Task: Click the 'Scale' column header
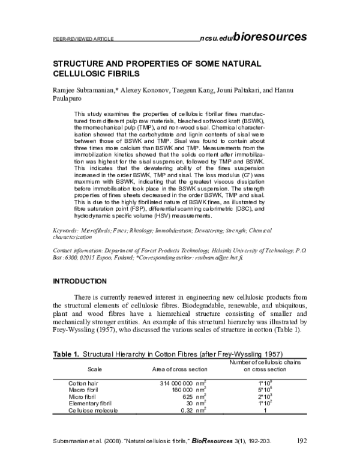click(95, 368)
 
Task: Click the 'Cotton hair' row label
click(83, 383)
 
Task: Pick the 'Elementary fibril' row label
click(91, 404)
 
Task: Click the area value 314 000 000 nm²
click(183, 383)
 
